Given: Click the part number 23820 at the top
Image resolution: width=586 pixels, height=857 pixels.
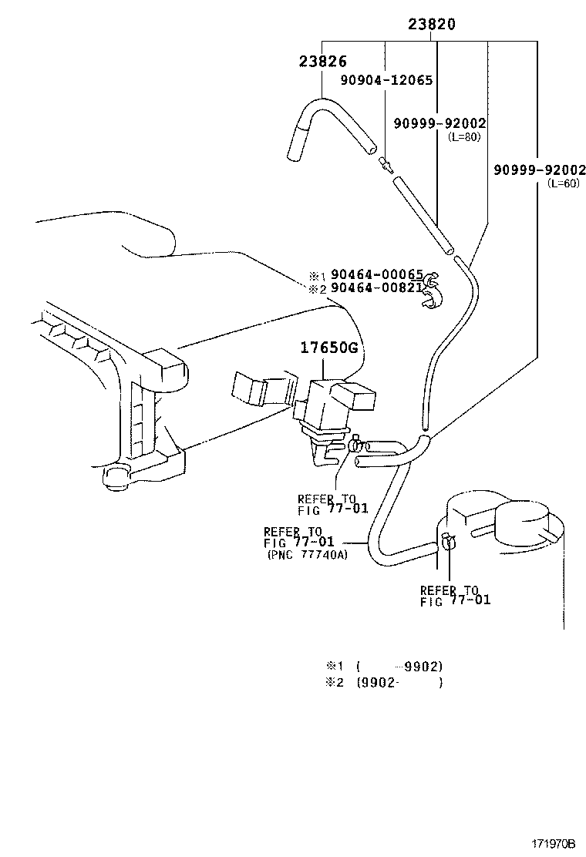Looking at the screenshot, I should tap(432, 25).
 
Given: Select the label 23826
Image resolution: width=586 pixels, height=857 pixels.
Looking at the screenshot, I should tap(323, 62).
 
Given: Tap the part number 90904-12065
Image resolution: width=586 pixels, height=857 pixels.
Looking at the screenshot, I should tap(387, 80).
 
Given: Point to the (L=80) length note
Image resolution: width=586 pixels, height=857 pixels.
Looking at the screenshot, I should tap(464, 136).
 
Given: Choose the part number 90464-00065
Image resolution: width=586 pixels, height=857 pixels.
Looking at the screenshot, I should tap(377, 274).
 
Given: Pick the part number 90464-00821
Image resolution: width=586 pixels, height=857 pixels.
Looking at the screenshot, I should tap(377, 288).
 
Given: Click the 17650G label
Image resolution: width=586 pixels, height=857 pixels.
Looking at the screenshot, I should tap(330, 348).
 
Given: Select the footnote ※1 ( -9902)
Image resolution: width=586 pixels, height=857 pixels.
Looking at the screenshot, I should tap(383, 666).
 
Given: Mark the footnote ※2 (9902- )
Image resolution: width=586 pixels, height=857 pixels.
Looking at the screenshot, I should tap(383, 682).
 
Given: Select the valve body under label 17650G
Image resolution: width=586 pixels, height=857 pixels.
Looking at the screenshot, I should tap(328, 404).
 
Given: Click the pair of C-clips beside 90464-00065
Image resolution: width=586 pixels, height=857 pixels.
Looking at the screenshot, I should tap(433, 293).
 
